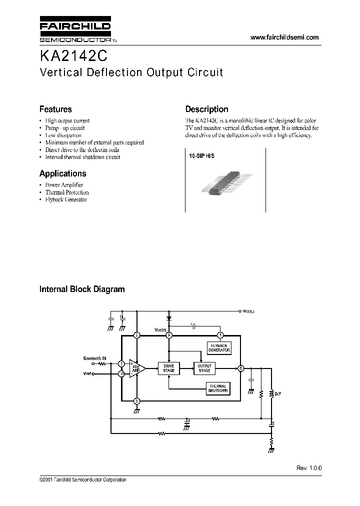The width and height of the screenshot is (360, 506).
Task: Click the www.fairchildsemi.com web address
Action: coord(284,37)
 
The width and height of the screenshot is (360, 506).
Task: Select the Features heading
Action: coord(55,109)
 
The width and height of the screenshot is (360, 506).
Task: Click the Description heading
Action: coord(206,109)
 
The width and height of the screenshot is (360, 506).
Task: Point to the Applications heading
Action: coord(62,173)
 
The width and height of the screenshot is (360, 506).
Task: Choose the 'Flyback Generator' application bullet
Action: coord(66,199)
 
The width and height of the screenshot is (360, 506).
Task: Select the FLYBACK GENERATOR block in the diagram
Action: coord(218,348)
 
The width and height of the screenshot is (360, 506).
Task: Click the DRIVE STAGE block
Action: coord(169,368)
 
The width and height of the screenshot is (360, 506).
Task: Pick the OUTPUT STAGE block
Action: coord(204,368)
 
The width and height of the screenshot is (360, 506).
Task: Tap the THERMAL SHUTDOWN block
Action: coord(218,388)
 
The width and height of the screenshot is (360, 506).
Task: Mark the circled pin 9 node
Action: coord(169,335)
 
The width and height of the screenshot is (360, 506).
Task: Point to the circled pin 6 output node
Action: coord(240,368)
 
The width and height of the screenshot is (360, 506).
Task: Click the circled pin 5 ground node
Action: coord(137,400)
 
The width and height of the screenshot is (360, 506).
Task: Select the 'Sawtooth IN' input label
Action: coord(94,358)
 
